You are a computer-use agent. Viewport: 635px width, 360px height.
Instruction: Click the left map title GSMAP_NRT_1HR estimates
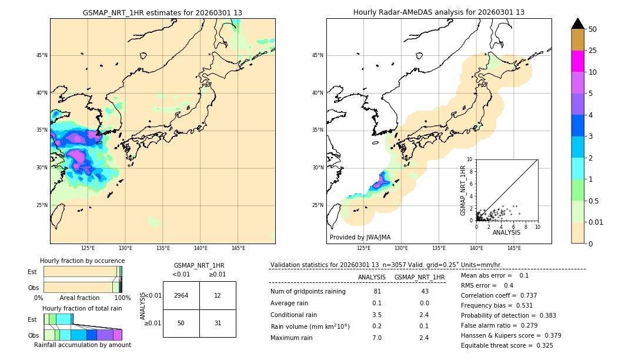click(162, 12)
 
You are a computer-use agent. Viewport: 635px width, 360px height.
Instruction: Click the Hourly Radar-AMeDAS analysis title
click(439, 12)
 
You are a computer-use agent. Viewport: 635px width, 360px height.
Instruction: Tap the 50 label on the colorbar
click(593, 29)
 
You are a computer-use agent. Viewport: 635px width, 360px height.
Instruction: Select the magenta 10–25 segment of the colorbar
click(577, 61)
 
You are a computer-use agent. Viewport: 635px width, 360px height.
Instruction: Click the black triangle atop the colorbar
click(577, 24)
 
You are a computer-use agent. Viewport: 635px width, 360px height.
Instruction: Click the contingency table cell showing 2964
click(181, 295)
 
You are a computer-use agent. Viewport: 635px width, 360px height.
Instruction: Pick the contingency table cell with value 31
click(218, 323)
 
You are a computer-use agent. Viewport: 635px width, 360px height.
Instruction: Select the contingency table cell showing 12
click(218, 295)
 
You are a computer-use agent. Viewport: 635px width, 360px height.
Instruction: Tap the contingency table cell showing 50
click(181, 323)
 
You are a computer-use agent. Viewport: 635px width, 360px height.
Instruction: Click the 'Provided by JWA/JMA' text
click(360, 238)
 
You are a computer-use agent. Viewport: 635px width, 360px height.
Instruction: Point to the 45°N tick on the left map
click(42, 55)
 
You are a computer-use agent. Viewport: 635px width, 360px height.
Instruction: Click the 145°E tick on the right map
click(514, 248)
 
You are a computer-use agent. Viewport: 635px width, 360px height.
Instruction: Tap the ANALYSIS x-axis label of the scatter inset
click(506, 233)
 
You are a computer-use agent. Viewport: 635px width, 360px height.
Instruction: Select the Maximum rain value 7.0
click(377, 338)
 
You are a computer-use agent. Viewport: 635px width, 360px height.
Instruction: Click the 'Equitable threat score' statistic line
click(507, 345)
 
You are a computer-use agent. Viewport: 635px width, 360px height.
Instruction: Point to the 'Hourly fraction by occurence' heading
click(82, 261)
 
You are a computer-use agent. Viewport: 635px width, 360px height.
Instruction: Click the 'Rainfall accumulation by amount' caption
click(82, 345)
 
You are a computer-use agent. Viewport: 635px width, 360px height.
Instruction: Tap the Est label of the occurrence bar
click(32, 272)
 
